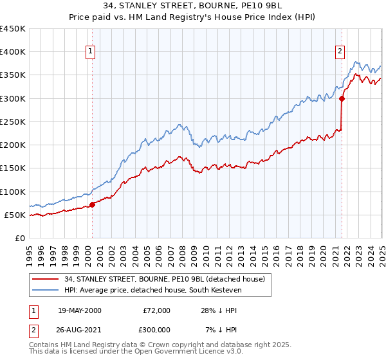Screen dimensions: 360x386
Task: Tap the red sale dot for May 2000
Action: (x=92, y=204)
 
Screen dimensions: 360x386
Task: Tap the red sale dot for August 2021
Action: (x=342, y=98)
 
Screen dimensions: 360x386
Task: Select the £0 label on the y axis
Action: (x=21, y=238)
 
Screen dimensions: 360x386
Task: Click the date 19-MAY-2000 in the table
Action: (x=79, y=310)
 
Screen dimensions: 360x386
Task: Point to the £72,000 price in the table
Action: (x=156, y=310)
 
